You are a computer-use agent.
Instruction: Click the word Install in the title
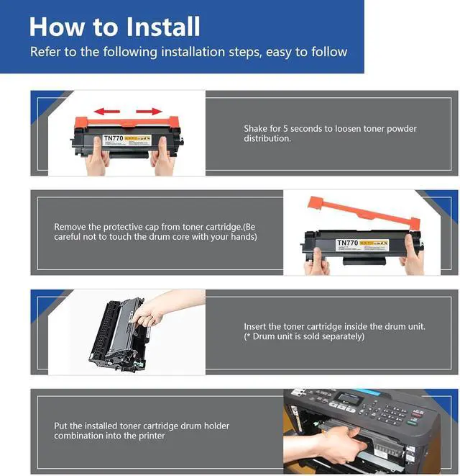163,27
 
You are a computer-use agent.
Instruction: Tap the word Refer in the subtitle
45,52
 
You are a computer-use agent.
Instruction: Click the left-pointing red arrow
106,112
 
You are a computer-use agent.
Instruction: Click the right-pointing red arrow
149,112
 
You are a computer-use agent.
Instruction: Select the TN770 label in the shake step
114,138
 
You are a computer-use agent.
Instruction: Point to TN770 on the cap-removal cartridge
348,243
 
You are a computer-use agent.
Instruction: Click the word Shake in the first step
255,128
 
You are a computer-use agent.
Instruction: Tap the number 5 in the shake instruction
285,129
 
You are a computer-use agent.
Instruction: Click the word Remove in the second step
70,227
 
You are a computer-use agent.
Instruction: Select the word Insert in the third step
255,327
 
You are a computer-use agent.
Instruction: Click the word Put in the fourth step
60,426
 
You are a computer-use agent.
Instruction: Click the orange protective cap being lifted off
364,212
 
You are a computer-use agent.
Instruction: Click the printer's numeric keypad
391,412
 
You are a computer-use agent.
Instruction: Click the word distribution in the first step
267,138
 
